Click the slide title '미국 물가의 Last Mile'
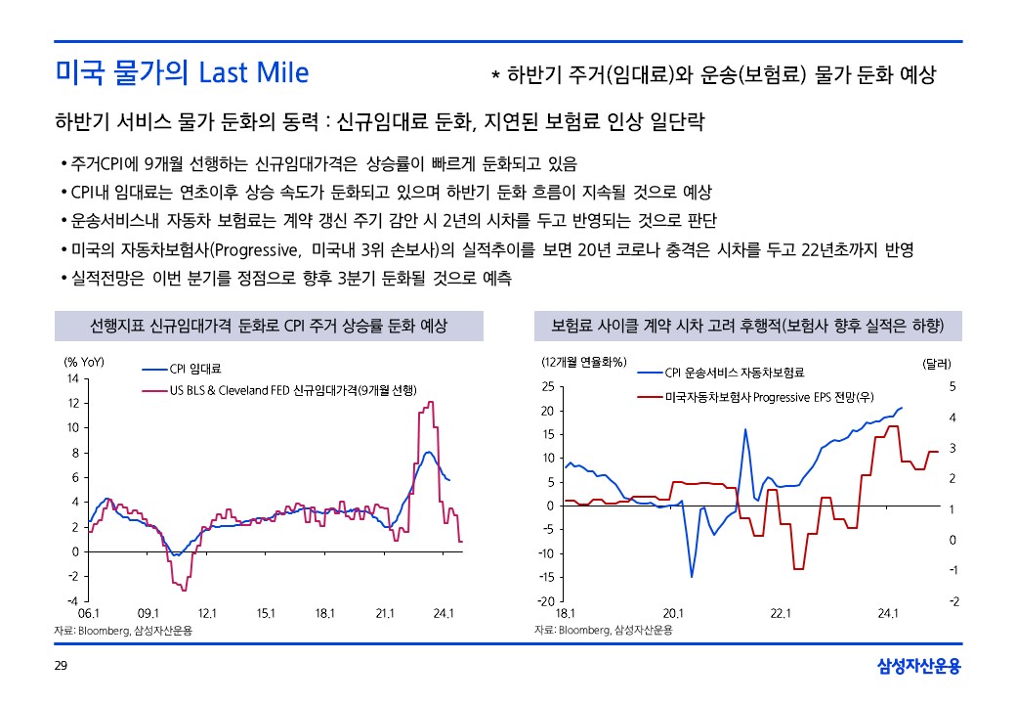(x=182, y=72)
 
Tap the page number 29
(x=60, y=666)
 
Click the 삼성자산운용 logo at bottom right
(x=918, y=667)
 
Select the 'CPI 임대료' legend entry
(x=195, y=370)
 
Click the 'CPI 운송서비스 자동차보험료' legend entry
(x=734, y=373)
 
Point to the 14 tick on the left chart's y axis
(x=71, y=378)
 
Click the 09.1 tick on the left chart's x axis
(x=148, y=613)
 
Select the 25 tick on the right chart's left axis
(x=547, y=387)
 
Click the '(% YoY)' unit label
(x=84, y=362)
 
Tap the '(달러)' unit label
(x=943, y=364)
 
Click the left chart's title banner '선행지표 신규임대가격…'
(x=268, y=326)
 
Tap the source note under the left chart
(x=123, y=631)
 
